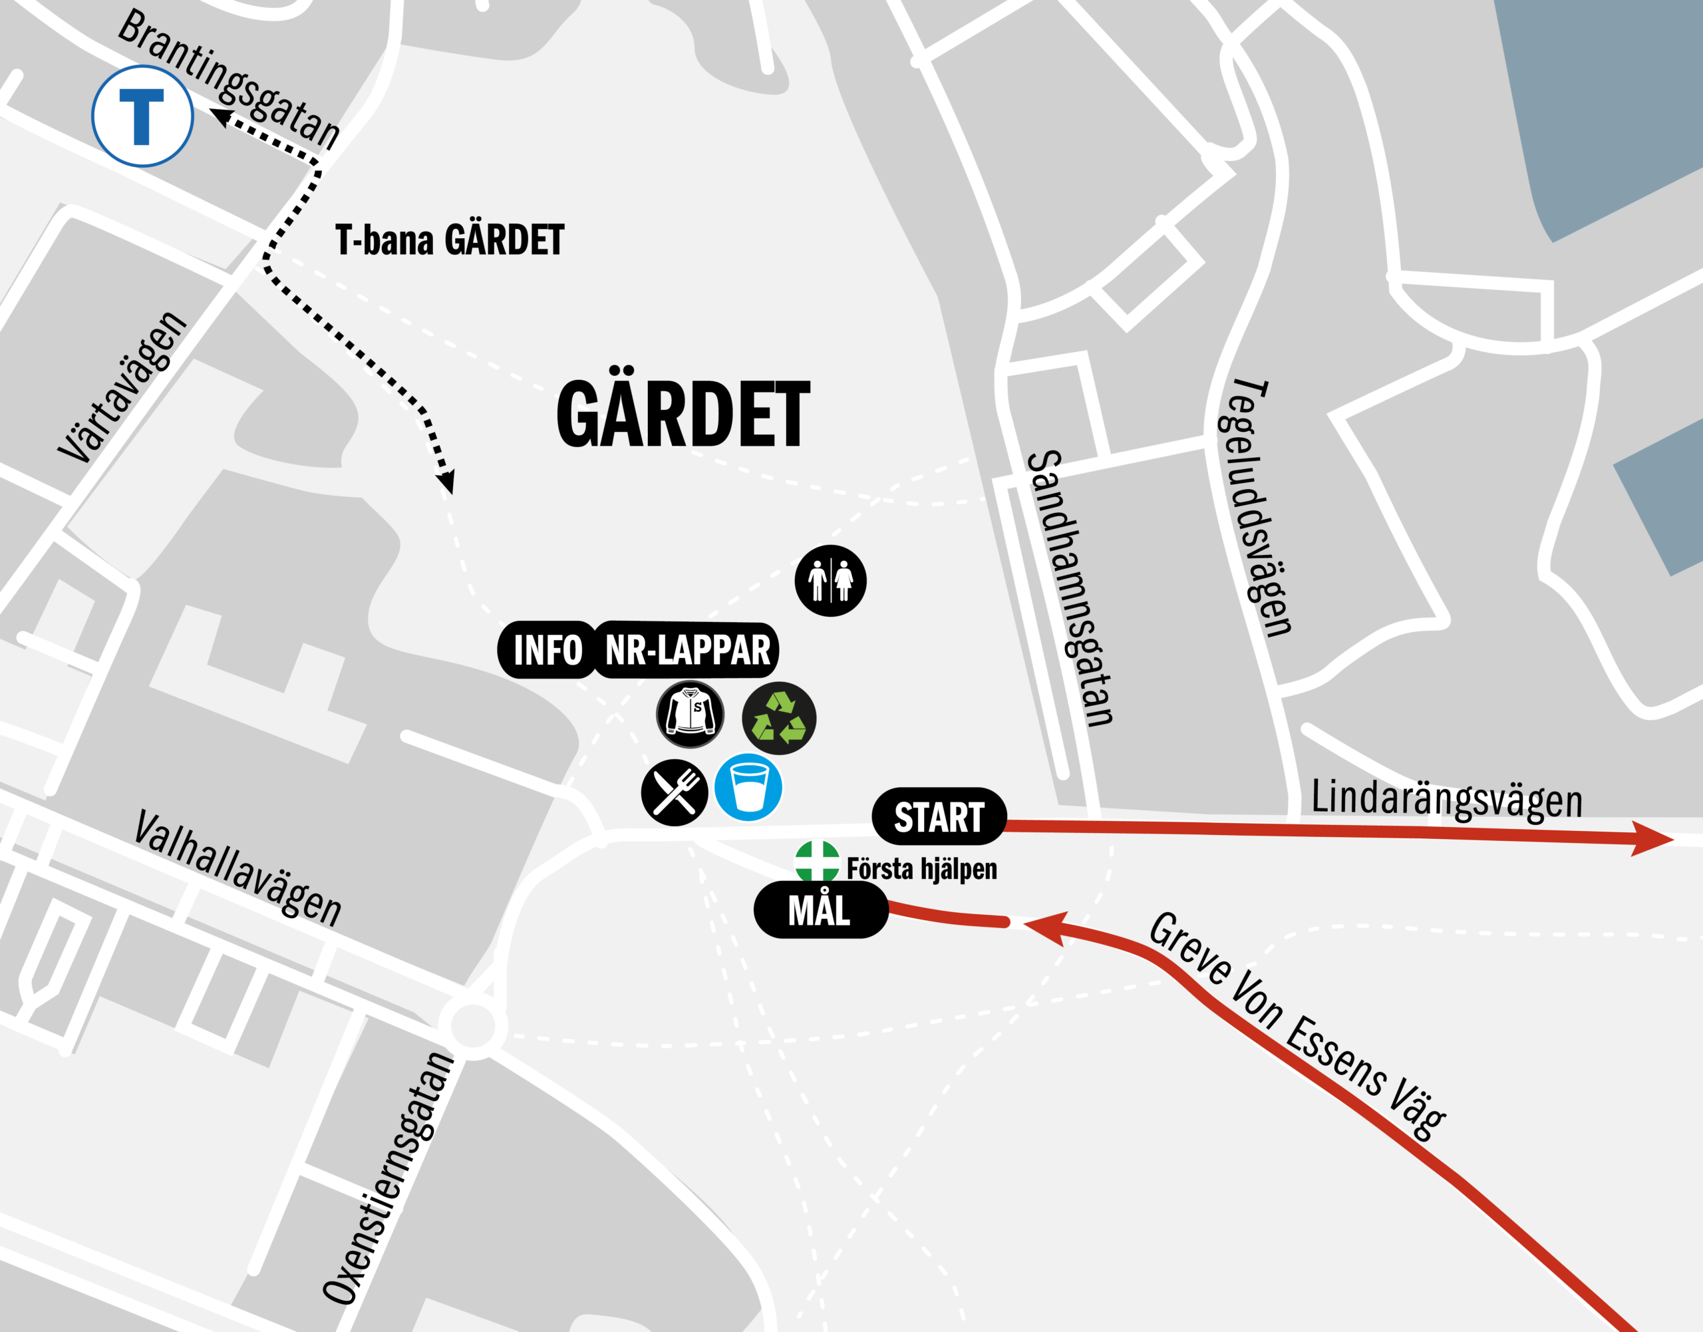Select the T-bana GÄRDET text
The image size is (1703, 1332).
[449, 240]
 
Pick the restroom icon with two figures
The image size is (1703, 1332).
[830, 580]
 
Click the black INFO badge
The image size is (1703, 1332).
[547, 649]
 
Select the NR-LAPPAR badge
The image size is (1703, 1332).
[687, 649]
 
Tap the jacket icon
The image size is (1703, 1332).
[690, 713]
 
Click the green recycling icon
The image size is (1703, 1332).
[779, 717]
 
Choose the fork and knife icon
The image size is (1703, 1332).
[675, 792]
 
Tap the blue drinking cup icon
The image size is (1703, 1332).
[748, 787]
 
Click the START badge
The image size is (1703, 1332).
[939, 816]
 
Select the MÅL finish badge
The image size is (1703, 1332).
[820, 910]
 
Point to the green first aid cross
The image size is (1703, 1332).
[816, 861]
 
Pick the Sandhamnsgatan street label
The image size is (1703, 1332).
[1070, 589]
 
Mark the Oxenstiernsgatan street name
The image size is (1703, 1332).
[388, 1178]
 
